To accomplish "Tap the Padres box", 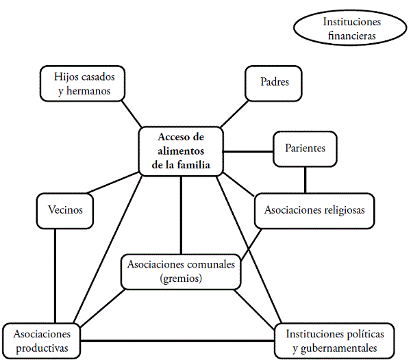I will [274, 83].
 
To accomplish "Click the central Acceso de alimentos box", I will [182, 151].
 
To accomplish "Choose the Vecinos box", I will [66, 210].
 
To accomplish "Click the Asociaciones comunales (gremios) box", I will [181, 272].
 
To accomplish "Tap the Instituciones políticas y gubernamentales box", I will [335, 341].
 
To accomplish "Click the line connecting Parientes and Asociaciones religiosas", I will [306, 180].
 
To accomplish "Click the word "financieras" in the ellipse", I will [352, 35].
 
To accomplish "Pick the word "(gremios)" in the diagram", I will [181, 279].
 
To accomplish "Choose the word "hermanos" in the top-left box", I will [85, 89].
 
